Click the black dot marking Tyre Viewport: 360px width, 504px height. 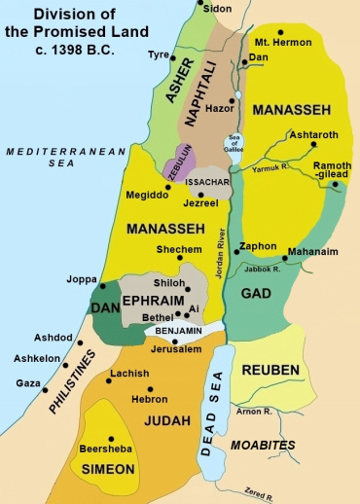[170, 57]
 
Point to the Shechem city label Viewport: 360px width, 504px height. [181, 249]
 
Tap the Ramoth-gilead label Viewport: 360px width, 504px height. [333, 171]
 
